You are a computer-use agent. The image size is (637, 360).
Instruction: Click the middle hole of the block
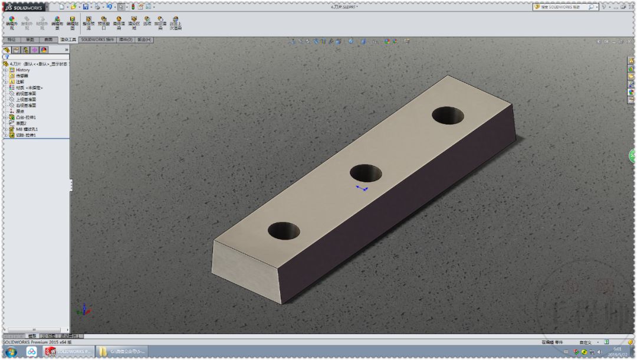click(x=366, y=173)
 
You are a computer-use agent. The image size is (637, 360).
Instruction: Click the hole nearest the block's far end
click(x=448, y=116)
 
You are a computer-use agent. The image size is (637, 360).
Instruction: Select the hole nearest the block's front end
click(x=284, y=231)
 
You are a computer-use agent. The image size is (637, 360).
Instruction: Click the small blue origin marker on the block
click(x=362, y=188)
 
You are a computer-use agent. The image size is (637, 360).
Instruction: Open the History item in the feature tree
click(x=22, y=70)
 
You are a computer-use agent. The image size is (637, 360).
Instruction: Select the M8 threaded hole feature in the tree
click(x=27, y=129)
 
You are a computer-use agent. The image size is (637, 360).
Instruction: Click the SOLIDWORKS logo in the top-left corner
click(x=24, y=7)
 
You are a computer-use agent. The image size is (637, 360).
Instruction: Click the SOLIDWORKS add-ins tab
click(x=97, y=40)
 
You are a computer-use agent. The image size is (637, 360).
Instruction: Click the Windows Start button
click(x=11, y=352)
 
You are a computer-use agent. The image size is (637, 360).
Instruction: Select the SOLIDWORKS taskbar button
click(x=68, y=352)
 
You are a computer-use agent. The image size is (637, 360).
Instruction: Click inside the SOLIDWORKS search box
click(x=560, y=7)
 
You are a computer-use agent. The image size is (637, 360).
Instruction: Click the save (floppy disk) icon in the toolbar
click(x=86, y=7)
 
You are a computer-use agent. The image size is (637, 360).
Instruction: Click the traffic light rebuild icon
click(x=133, y=7)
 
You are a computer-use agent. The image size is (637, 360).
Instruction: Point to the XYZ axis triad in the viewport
click(x=84, y=309)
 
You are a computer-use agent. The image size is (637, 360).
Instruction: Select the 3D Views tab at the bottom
click(x=48, y=336)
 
